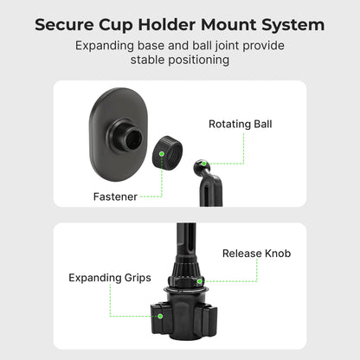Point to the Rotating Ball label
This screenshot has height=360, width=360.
[240, 124]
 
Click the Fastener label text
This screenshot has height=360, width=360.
[115, 196]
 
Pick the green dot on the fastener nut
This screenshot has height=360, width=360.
[163, 152]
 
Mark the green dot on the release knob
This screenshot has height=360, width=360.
[199, 280]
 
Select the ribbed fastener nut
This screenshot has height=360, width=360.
[167, 161]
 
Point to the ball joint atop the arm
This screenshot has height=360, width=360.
[201, 164]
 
